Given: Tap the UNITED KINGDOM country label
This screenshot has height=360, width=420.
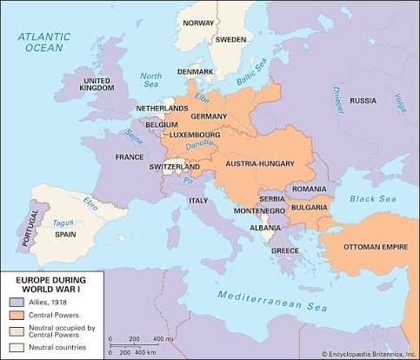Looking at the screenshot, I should point(97,84).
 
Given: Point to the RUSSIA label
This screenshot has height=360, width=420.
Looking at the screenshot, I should point(363,100).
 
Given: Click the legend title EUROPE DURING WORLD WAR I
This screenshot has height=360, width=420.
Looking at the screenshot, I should point(49,283).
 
